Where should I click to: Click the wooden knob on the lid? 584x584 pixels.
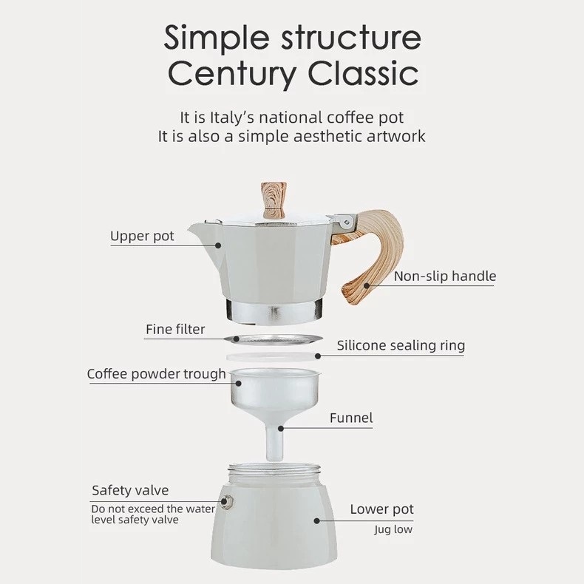[274, 200]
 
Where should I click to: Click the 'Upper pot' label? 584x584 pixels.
[142, 237]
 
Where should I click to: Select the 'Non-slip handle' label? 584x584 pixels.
[445, 276]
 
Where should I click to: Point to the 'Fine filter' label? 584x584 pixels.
[175, 329]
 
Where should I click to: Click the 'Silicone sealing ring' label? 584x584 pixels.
[401, 346]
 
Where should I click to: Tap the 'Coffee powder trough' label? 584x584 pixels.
[157, 374]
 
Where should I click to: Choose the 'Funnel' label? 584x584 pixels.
[351, 418]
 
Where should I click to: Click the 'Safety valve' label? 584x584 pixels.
[130, 490]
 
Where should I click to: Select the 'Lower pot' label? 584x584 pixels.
[381, 509]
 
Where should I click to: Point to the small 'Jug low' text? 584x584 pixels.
[393, 529]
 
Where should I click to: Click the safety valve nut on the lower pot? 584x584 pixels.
[226, 502]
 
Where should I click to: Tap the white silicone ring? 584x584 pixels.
[273, 357]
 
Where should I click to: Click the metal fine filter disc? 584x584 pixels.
[274, 339]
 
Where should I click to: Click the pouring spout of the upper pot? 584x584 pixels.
[201, 230]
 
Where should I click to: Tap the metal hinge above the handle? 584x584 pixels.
[344, 223]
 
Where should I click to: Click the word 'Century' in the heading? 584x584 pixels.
[232, 74]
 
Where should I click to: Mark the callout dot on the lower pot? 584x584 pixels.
[316, 520]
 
